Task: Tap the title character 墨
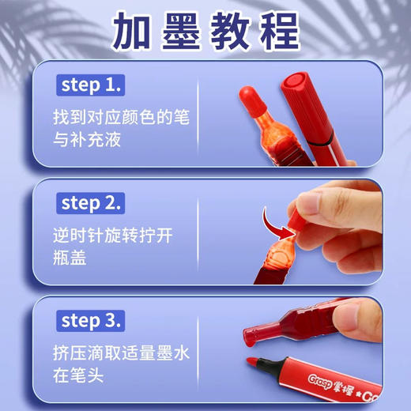click(x=182, y=31)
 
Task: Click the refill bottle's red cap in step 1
click(x=251, y=100)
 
